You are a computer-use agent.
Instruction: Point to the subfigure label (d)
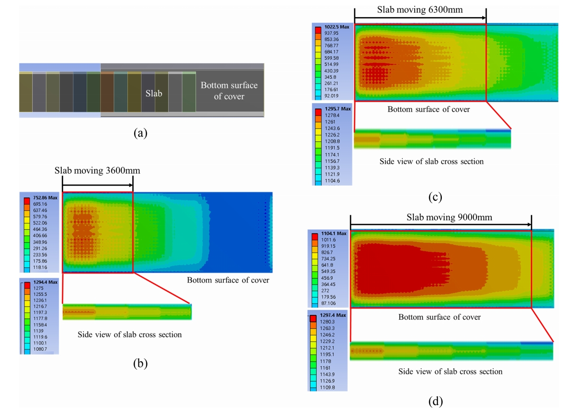(x=435, y=402)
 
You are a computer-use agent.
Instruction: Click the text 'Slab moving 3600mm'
(x=97, y=170)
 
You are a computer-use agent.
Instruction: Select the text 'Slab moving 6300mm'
(x=420, y=10)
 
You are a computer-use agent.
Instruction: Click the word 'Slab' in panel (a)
(x=154, y=94)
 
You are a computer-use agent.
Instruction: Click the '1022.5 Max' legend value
(x=337, y=27)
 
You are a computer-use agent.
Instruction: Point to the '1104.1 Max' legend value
(x=335, y=234)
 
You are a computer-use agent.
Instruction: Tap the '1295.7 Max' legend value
(x=337, y=108)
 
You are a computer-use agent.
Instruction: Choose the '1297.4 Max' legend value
(x=335, y=315)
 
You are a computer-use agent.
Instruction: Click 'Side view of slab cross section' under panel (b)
(x=130, y=334)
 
